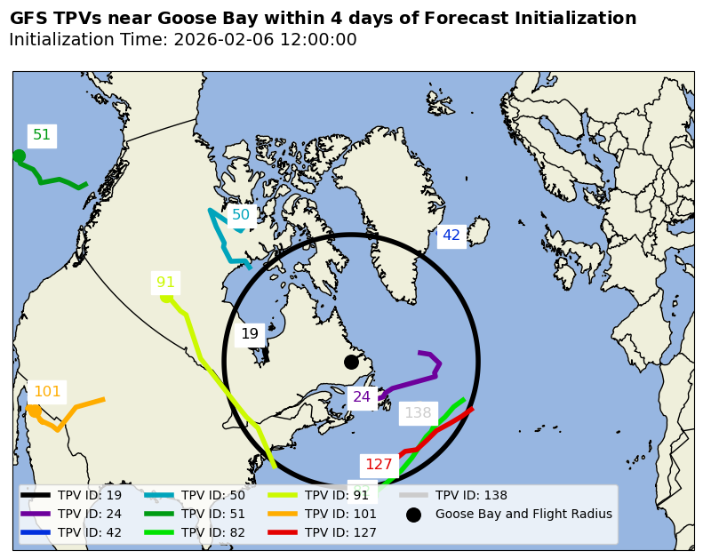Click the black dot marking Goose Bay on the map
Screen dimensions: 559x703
coord(351,362)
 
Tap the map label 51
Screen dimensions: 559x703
coord(42,135)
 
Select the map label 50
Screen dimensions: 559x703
coord(241,215)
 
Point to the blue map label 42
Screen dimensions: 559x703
coord(451,236)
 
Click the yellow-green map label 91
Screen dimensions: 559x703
coord(166,283)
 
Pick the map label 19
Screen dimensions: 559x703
coord(250,334)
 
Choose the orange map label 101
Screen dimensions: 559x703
coord(47,391)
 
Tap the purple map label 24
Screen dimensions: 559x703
coord(362,397)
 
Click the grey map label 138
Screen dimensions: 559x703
coord(418,412)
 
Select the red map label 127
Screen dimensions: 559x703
coord(379,464)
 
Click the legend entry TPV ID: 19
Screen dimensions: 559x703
coord(90,496)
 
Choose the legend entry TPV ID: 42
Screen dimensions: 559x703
coord(90,532)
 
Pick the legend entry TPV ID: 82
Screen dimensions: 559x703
coord(213,532)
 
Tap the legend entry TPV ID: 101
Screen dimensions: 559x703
coord(340,514)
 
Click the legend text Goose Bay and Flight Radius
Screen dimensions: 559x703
coord(523,514)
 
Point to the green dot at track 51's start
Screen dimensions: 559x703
coord(19,156)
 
